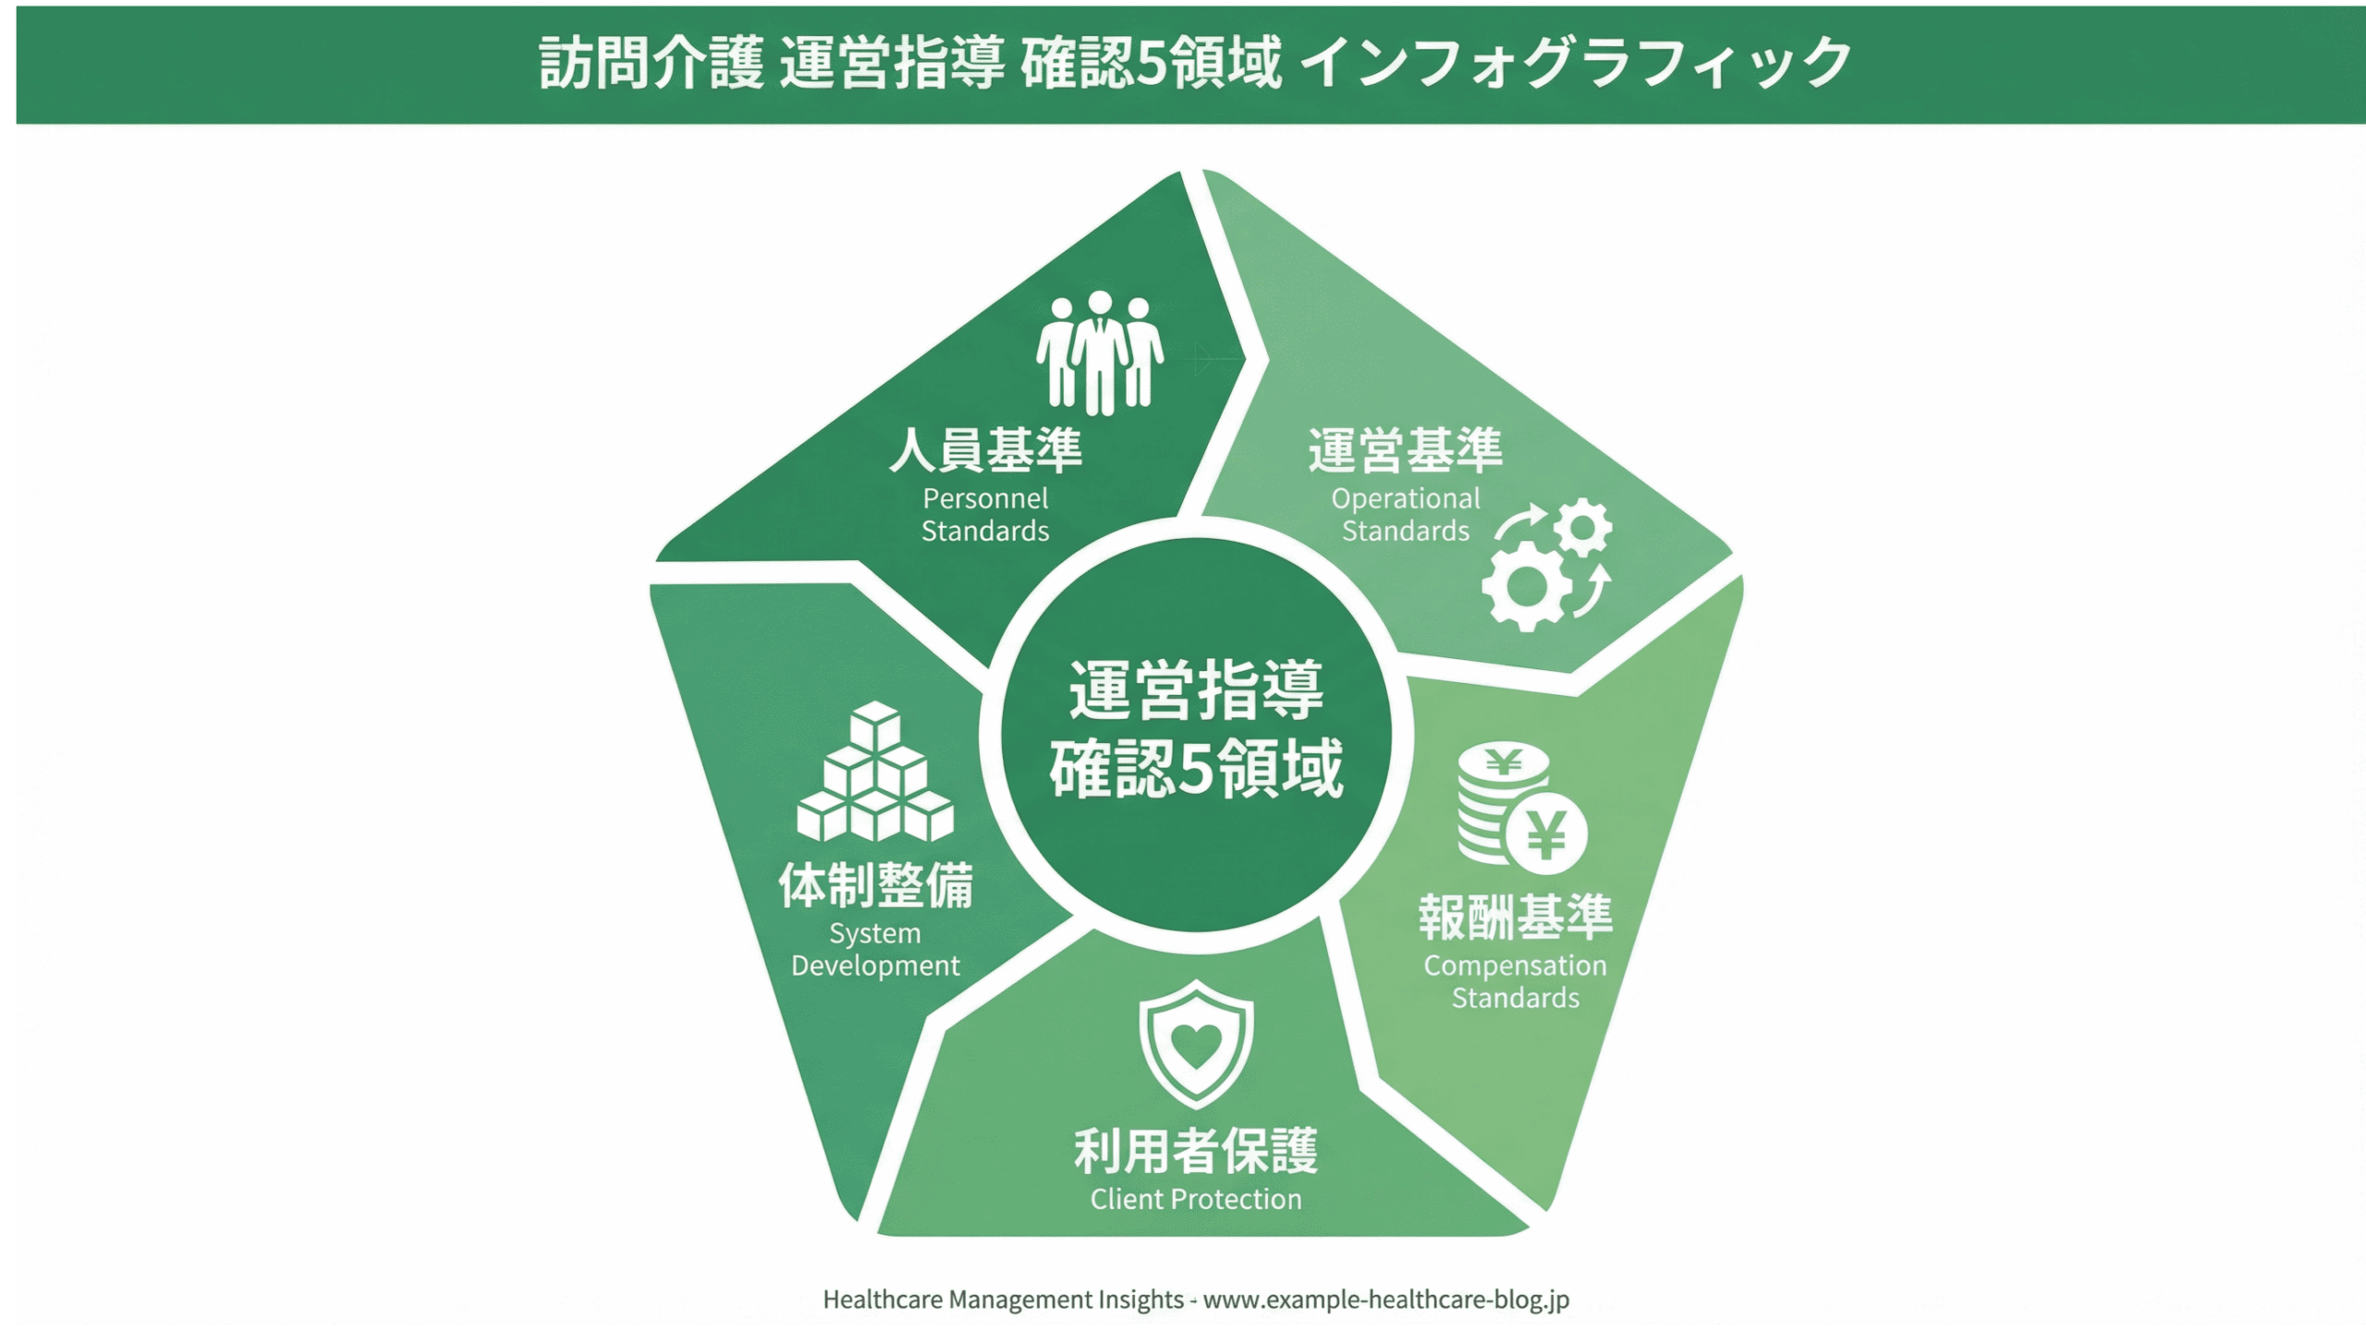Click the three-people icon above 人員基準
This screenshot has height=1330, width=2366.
1099,352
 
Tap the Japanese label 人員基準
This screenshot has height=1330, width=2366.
985,450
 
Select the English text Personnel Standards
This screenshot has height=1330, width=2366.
985,515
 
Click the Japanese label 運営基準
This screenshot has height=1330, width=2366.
1405,450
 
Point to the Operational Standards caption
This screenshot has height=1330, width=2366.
1405,515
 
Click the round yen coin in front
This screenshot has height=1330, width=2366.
1545,834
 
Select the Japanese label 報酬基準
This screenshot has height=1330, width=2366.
1516,917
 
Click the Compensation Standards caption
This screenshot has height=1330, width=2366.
1515,982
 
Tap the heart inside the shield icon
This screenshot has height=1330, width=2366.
1196,1044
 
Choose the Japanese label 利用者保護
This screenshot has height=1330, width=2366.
1196,1152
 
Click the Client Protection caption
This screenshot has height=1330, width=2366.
1196,1200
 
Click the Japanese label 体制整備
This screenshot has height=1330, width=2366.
875,885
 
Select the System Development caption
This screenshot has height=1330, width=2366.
875,949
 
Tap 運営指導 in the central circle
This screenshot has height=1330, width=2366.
1196,690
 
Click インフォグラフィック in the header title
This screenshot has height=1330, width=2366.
1580,63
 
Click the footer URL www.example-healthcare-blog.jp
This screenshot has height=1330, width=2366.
1385,1299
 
